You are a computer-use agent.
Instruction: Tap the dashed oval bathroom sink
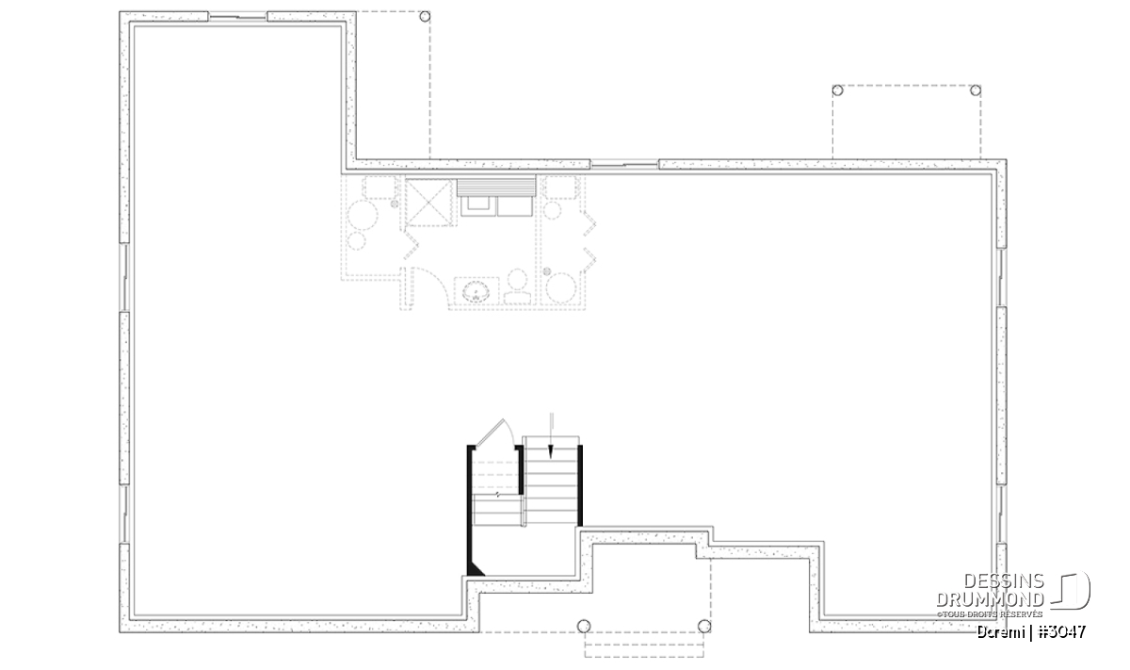click(x=476, y=292)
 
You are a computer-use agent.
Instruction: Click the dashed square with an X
click(x=428, y=203)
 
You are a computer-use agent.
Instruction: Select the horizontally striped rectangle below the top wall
click(x=496, y=187)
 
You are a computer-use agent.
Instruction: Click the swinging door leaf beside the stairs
click(x=490, y=433)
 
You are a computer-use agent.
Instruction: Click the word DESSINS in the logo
click(x=1003, y=581)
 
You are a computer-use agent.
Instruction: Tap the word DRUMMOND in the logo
click(x=990, y=599)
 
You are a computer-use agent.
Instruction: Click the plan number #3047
click(x=1062, y=632)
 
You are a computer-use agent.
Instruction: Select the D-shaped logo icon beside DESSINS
click(x=1072, y=590)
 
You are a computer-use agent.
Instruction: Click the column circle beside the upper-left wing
click(x=425, y=17)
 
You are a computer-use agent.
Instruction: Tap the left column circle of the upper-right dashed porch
click(x=837, y=90)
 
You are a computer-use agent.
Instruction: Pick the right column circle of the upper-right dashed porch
click(x=976, y=90)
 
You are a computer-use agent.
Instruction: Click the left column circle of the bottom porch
click(x=584, y=626)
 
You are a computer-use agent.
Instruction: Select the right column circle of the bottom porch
click(x=704, y=626)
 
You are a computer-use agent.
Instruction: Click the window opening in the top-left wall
click(x=237, y=17)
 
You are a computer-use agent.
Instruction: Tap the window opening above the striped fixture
click(x=624, y=164)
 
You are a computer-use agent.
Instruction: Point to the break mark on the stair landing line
click(x=497, y=495)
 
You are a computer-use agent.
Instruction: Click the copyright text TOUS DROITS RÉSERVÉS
click(x=990, y=614)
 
